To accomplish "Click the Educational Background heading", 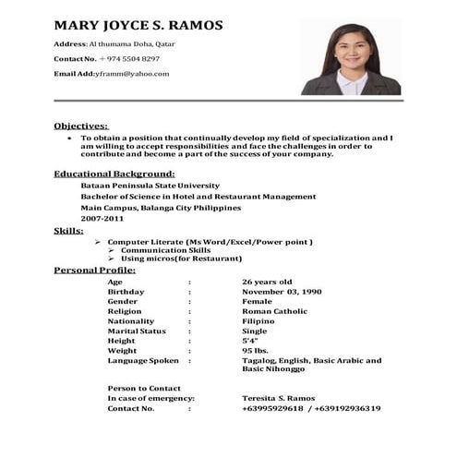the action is pyautogui.click(x=114, y=173).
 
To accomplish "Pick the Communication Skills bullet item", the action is pyautogui.click(x=165, y=250).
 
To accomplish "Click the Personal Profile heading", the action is pyautogui.click(x=94, y=270).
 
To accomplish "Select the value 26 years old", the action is pyautogui.click(x=267, y=281).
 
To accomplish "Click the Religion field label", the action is pyautogui.click(x=126, y=311).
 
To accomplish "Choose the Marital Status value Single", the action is pyautogui.click(x=254, y=331).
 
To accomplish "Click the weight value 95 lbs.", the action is pyautogui.click(x=255, y=351).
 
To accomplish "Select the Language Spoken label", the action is pyautogui.click(x=143, y=361).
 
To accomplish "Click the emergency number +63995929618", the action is pyautogui.click(x=273, y=408).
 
